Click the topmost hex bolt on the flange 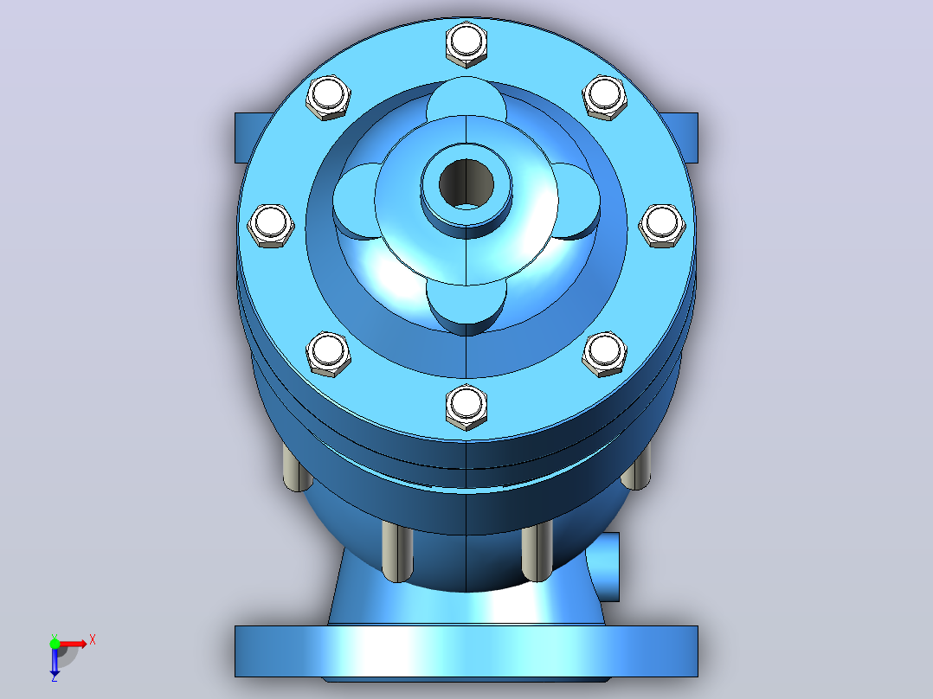tap(466, 44)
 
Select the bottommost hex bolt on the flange tap(466, 407)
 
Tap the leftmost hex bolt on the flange tap(270, 226)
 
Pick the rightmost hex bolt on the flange tap(661, 226)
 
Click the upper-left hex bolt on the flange tap(328, 98)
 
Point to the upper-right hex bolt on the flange tap(604, 98)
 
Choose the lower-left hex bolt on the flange tap(328, 354)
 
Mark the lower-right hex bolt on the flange tap(604, 354)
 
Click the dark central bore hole tap(466, 183)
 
